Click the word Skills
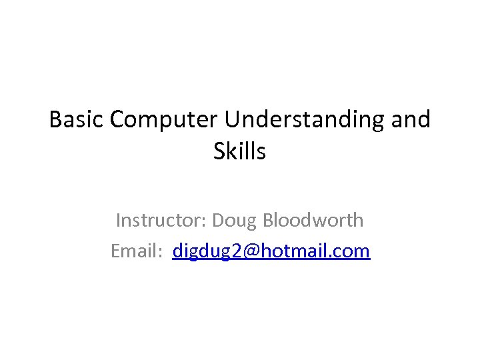(x=240, y=152)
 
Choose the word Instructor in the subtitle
(x=160, y=220)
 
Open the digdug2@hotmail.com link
(x=271, y=251)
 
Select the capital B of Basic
(x=55, y=120)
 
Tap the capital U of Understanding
(x=232, y=120)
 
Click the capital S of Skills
(x=219, y=152)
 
